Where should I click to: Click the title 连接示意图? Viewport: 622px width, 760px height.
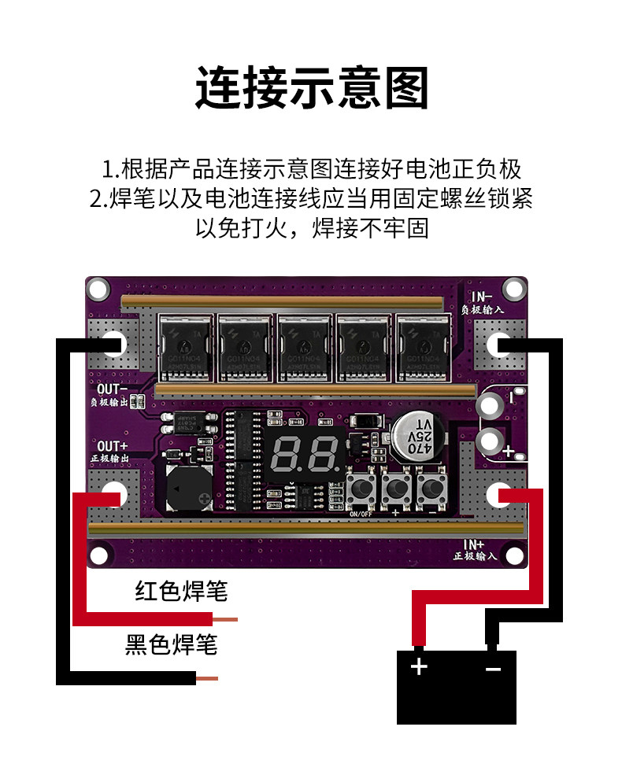click(311, 89)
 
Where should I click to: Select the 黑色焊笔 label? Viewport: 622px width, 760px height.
click(171, 645)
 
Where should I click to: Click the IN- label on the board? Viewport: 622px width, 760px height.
click(482, 297)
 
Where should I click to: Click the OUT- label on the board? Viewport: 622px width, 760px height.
click(112, 389)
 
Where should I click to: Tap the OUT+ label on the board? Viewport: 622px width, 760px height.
click(112, 446)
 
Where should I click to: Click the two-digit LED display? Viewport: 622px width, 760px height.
click(304, 452)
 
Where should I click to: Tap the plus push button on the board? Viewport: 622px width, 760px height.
click(396, 489)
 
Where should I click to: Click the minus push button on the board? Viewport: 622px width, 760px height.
click(431, 489)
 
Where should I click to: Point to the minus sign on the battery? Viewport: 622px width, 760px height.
click(493, 669)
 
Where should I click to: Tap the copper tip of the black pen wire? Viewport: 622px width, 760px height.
click(206, 678)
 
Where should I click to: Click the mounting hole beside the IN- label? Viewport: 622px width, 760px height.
click(513, 290)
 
